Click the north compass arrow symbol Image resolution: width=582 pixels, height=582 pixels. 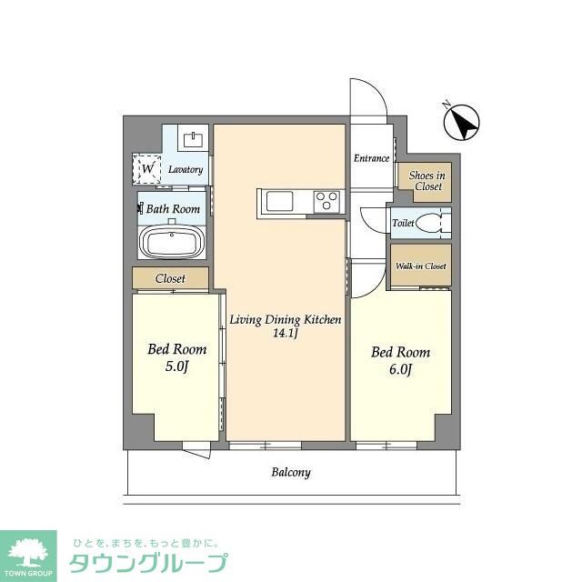coord(462,122)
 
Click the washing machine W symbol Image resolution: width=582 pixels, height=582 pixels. coord(147,169)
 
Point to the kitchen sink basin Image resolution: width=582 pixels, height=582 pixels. coord(279,202)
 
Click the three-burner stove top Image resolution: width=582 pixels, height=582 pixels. coord(326,201)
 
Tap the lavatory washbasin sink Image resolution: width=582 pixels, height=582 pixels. coord(193,139)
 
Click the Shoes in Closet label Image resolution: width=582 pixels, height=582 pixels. coord(427,181)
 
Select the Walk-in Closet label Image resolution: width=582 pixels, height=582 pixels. coord(421,266)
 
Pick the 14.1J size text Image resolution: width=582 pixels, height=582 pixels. coord(285,333)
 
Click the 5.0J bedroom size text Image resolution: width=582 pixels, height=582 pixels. coord(177,366)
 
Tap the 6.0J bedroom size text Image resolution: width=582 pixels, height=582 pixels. coord(400,369)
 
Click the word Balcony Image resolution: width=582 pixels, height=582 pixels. coord(291,472)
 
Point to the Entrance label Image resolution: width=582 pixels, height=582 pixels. coord(372,158)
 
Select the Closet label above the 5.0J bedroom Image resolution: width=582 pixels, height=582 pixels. coord(170,278)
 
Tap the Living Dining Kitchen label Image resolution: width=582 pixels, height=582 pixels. coord(285,319)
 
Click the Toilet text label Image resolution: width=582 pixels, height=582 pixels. coord(404,223)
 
